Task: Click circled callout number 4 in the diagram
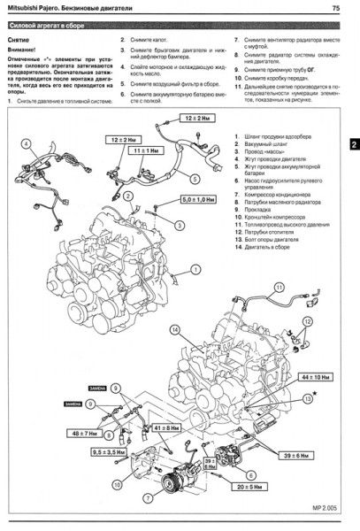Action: click(27, 145)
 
